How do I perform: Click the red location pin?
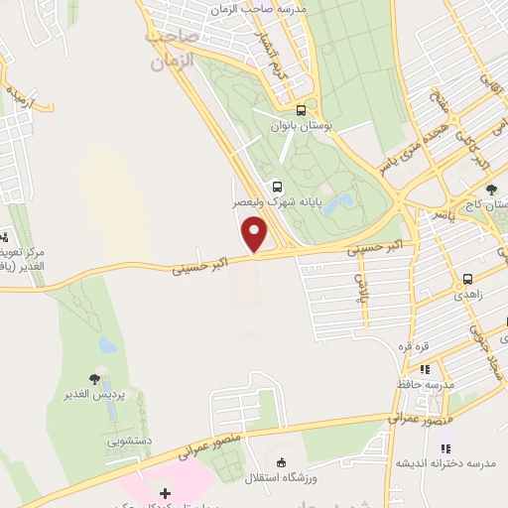(x=256, y=235)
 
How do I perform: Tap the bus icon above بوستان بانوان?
(x=302, y=110)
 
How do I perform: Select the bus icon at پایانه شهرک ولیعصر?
(x=276, y=185)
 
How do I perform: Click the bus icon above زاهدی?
(x=467, y=280)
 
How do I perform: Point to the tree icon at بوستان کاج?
(x=491, y=189)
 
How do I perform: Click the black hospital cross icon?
(x=165, y=493)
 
